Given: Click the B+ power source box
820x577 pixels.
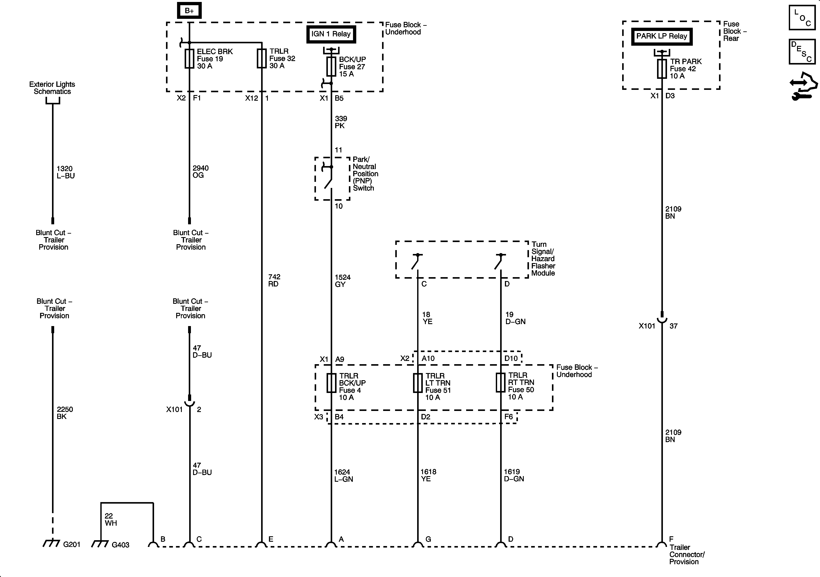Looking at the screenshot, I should point(189,11).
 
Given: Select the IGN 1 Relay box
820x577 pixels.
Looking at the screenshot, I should point(331,34).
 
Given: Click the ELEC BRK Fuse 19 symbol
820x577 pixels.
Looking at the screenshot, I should point(189,58).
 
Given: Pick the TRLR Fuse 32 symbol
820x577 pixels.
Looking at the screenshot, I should point(262,58).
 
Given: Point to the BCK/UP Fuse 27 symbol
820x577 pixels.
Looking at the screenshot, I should point(331,67).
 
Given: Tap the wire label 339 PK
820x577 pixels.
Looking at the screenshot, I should point(341,122).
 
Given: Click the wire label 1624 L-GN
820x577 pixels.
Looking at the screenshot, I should point(343,476).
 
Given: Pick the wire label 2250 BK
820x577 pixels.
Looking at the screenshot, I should point(65,413).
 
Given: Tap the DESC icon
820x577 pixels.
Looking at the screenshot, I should point(802,52).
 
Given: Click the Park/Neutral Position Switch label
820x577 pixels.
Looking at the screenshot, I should point(365,174).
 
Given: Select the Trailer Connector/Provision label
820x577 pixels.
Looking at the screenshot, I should point(687,554).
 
